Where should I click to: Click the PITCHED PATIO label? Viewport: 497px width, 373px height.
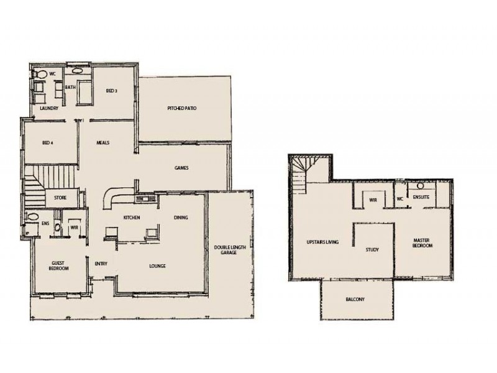point(182,109)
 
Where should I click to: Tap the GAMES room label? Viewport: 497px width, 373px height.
point(181,168)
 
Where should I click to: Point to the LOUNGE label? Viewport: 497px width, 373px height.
point(157,266)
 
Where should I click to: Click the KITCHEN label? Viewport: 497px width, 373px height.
point(131,218)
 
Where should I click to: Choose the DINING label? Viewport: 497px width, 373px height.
point(181,218)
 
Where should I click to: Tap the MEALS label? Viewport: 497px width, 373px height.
point(103,143)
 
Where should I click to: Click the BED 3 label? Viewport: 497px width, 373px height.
point(111,91)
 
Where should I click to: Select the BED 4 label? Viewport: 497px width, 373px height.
point(48,143)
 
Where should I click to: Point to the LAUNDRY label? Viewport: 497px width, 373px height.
point(48,109)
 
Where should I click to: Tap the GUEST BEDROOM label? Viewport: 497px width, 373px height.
point(58,266)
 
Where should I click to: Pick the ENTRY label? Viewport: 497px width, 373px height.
point(101,264)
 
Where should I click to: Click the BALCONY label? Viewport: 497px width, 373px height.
point(355,300)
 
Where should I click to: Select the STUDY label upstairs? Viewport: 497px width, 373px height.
point(372,250)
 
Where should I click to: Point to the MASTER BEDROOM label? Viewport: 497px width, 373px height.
point(422,242)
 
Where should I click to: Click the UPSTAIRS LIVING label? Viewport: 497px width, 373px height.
point(323,241)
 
